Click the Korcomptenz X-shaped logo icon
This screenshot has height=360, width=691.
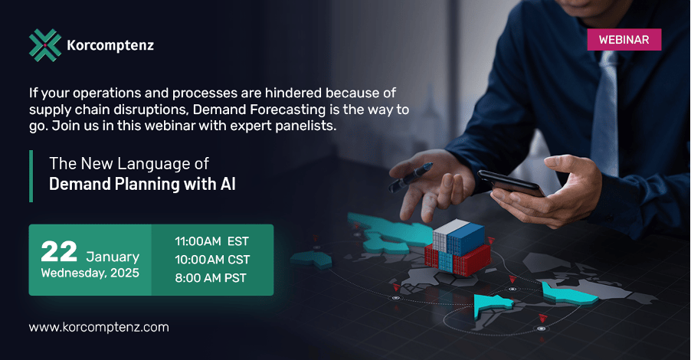tap(45, 45)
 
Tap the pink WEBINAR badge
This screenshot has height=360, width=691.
tap(624, 40)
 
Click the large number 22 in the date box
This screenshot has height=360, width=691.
tap(59, 251)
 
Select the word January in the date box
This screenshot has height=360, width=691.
tap(113, 257)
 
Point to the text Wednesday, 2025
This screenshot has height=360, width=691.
tap(90, 273)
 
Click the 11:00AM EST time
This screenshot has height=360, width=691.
tap(212, 241)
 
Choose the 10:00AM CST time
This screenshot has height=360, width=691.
tap(212, 260)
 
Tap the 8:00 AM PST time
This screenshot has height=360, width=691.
tap(211, 277)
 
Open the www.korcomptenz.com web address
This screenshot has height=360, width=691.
tap(99, 327)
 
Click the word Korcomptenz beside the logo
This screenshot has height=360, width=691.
tap(110, 45)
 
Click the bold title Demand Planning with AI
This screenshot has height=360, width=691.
tap(142, 184)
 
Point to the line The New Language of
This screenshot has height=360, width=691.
tap(129, 163)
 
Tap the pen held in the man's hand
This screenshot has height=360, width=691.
tap(411, 177)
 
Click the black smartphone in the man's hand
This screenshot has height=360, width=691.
tap(511, 183)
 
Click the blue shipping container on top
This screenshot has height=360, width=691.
tap(466, 239)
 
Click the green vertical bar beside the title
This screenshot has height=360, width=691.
tap(31, 176)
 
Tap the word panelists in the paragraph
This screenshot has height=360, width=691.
tap(306, 126)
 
